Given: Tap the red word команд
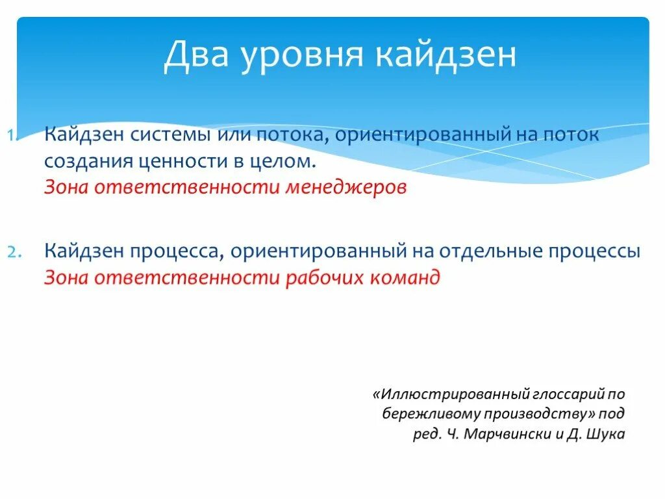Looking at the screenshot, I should point(405,277).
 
